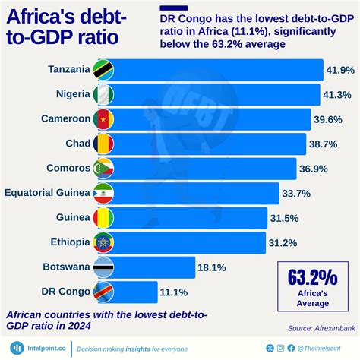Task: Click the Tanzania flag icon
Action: pos(103,71)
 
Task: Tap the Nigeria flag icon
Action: pos(103,95)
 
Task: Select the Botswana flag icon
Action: pos(103,267)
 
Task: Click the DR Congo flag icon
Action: pos(103,291)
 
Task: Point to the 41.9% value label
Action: pos(339,71)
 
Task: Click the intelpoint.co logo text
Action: pos(39,348)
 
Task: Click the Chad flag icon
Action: pos(103,144)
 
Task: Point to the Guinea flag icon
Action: pos(103,218)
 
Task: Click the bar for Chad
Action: pos(213,144)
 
